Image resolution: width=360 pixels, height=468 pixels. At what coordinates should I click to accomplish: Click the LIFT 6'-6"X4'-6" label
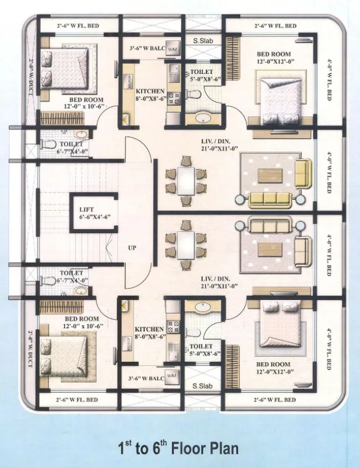point(95,212)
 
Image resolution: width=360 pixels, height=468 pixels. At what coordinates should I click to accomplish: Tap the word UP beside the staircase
point(132,248)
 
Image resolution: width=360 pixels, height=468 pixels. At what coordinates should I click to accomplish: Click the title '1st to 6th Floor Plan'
point(177,448)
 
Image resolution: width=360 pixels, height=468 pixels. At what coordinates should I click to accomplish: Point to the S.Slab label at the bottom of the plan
point(202,387)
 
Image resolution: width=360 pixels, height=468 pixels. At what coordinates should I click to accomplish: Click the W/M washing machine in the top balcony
point(172,49)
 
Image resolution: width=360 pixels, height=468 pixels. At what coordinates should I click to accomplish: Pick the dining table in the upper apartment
point(186,181)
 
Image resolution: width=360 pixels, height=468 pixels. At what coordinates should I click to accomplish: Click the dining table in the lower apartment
point(186,245)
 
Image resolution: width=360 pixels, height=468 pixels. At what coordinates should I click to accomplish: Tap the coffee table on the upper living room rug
point(271,175)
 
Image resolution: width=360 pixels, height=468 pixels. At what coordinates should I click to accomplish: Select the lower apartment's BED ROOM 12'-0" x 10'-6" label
point(81,323)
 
